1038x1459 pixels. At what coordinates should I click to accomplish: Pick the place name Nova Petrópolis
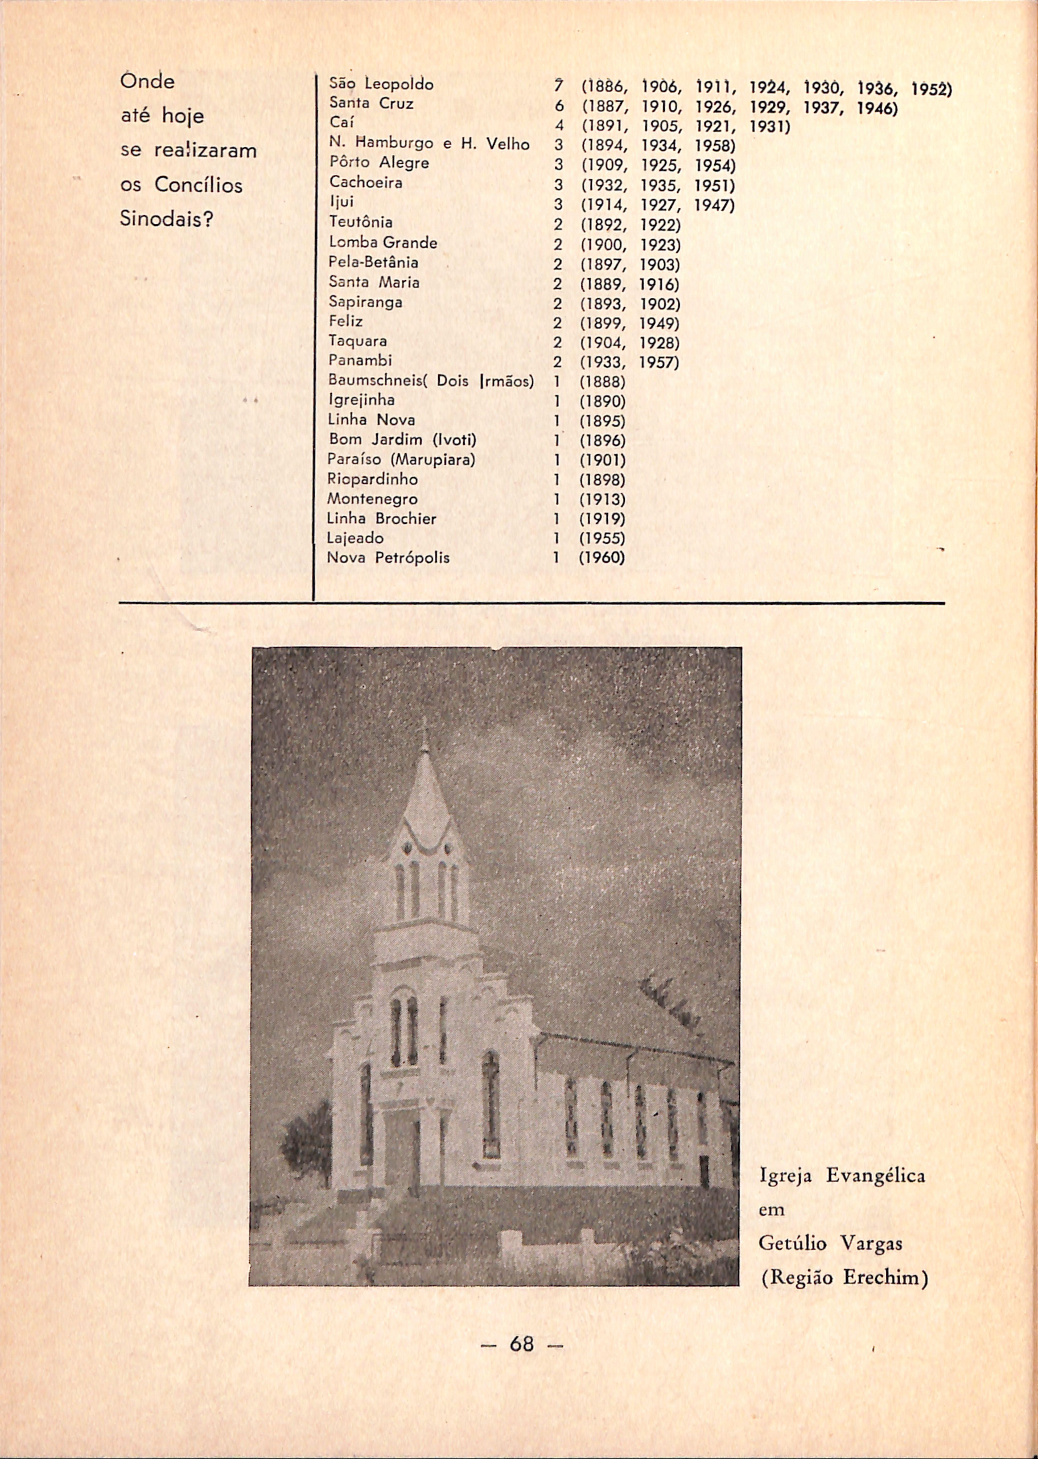388,558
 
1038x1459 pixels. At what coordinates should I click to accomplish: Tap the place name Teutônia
360,223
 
